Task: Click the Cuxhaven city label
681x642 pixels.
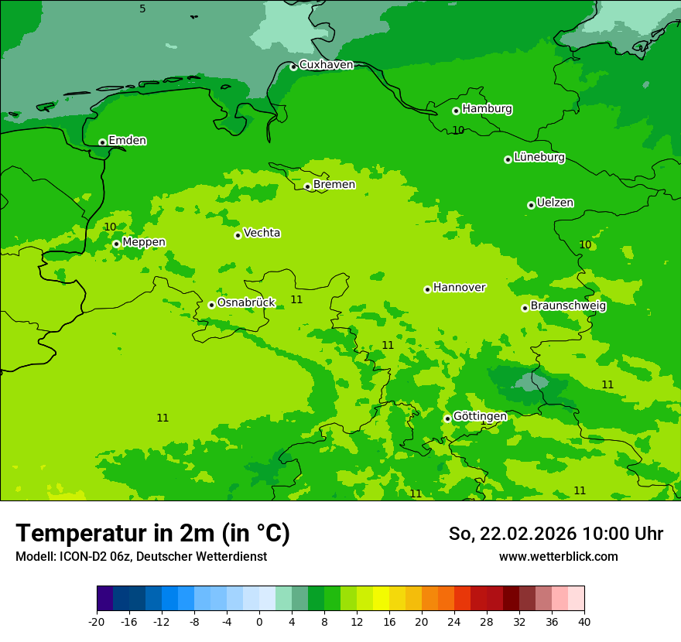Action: click(x=326, y=65)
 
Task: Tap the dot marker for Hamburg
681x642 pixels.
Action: click(x=456, y=111)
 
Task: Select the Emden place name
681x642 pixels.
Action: click(x=127, y=141)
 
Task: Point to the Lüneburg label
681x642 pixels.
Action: click(x=539, y=157)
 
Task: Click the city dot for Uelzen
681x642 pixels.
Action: click(x=531, y=205)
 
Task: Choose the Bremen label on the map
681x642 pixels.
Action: click(x=334, y=185)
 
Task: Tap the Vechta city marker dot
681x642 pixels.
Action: click(x=238, y=235)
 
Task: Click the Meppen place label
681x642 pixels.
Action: click(x=143, y=242)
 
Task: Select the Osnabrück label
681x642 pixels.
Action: click(x=245, y=302)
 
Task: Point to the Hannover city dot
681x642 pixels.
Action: click(x=427, y=289)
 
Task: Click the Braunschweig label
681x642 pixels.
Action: click(x=567, y=306)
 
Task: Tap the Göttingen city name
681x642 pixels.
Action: click(x=479, y=416)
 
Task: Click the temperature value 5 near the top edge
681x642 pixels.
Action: click(x=142, y=9)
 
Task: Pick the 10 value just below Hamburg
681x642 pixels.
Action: click(x=458, y=130)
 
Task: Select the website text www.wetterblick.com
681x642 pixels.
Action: click(x=558, y=557)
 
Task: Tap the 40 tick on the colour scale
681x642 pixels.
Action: click(x=584, y=621)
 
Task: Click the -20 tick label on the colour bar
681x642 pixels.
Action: click(x=97, y=621)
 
